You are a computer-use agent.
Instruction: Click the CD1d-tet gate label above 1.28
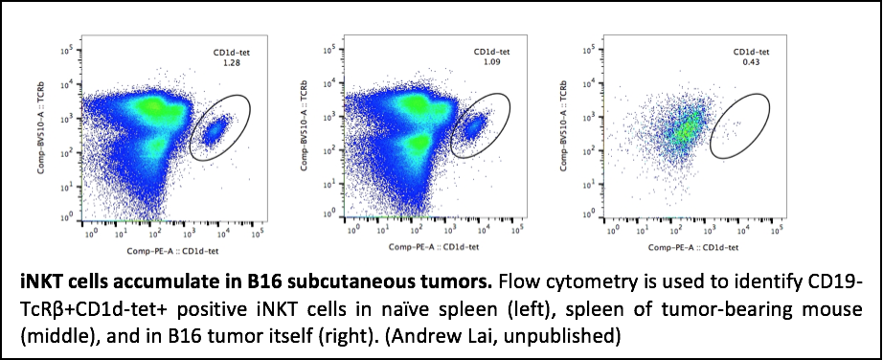pyautogui.click(x=229, y=53)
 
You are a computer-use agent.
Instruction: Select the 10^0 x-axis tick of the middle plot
pyautogui.click(x=353, y=229)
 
